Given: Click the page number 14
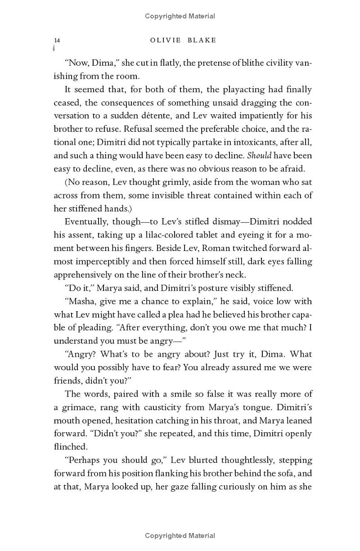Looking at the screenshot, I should [x=57, y=40].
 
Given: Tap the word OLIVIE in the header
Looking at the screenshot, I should [x=165, y=40].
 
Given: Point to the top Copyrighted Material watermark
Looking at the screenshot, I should [x=180, y=16].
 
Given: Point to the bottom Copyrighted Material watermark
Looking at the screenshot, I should [x=180, y=536].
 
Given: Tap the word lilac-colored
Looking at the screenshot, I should [x=161, y=235].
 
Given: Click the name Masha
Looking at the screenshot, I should [x=80, y=301].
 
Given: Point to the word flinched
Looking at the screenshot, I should [x=70, y=447].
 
